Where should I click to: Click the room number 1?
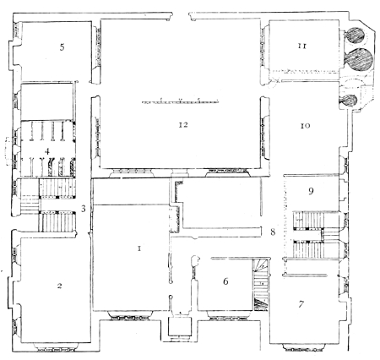coord(139,248)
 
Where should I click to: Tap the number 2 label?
coord(59,286)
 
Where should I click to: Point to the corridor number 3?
coord(83,209)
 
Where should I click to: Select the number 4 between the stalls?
coord(47,151)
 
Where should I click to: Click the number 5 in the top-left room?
coord(62,47)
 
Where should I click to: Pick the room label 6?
coord(225,281)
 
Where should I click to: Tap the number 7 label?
coord(301,304)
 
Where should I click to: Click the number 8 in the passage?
coord(273,232)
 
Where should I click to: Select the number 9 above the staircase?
coord(311,191)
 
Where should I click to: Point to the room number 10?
coord(306,126)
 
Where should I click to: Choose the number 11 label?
coord(302,46)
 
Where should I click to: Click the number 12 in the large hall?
coord(183,124)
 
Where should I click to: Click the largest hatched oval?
coord(359,59)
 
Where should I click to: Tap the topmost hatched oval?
coord(356,35)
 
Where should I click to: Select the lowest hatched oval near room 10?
coord(350,101)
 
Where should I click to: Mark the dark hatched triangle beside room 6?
coord(259,304)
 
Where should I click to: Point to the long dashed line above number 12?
coord(180,101)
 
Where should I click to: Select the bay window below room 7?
coord(304,347)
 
